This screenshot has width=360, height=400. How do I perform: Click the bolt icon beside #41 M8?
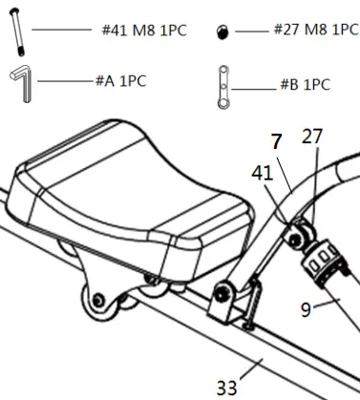[x=16, y=32]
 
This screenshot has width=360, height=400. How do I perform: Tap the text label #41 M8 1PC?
[x=143, y=32]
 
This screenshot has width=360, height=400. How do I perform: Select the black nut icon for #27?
[x=222, y=32]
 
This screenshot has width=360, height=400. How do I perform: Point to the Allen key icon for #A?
[x=21, y=80]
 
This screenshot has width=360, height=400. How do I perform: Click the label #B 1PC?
[x=304, y=85]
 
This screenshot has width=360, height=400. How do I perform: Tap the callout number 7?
[x=276, y=141]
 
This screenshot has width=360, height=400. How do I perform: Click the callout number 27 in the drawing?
[x=313, y=138]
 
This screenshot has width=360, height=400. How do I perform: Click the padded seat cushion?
[x=134, y=196]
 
